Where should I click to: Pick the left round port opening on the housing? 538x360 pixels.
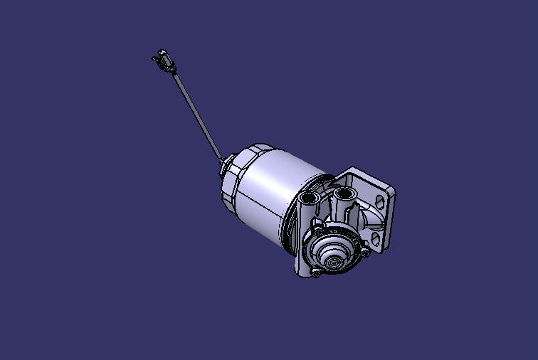(310, 196)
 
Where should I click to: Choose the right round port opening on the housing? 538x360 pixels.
(345, 194)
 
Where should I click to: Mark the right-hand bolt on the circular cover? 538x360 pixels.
(365, 251)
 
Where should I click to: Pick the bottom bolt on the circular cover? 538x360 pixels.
(315, 273)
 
